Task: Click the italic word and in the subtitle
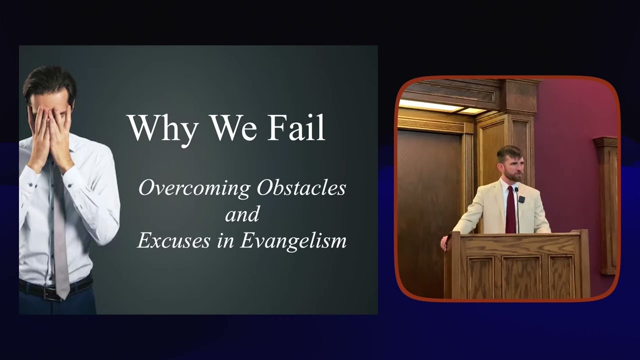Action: click(242, 214)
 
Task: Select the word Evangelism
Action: click(293, 241)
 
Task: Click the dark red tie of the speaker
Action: click(510, 210)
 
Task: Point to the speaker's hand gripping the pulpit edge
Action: click(444, 243)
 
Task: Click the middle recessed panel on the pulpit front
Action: click(521, 276)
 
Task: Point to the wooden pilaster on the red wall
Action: click(606, 205)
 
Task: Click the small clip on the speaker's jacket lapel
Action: click(522, 199)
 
